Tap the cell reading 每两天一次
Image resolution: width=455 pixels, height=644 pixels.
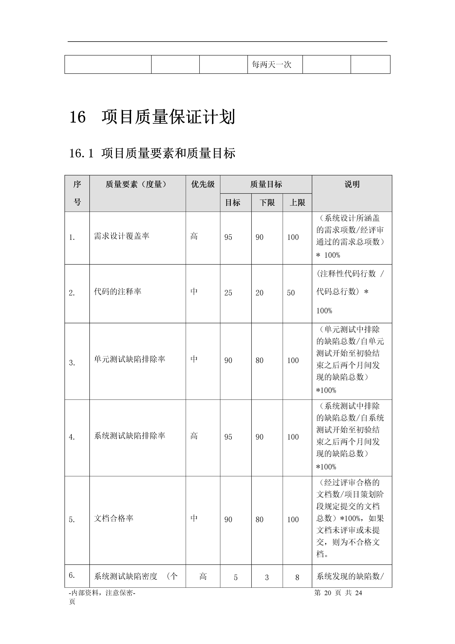click(x=272, y=65)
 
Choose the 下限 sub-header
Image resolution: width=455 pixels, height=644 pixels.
click(x=267, y=203)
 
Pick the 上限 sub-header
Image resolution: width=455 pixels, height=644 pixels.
click(x=297, y=203)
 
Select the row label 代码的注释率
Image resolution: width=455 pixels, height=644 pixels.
click(x=118, y=292)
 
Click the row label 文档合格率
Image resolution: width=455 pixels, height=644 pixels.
click(x=114, y=518)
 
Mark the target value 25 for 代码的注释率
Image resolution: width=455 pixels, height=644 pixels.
click(x=228, y=293)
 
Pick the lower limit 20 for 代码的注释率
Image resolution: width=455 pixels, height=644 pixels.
click(x=259, y=293)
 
